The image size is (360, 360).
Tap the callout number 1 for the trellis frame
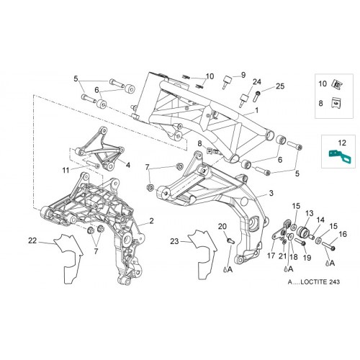pos(257,110)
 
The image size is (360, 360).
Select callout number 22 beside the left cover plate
pos(32,240)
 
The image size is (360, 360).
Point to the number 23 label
pos(174,241)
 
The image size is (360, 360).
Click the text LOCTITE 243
pos(320,282)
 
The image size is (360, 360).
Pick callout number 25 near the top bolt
pos(280,86)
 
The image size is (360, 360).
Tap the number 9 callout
pos(243,75)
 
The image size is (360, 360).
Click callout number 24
pos(257,82)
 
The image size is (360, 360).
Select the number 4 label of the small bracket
pos(128,165)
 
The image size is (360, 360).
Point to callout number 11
pos(66,170)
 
